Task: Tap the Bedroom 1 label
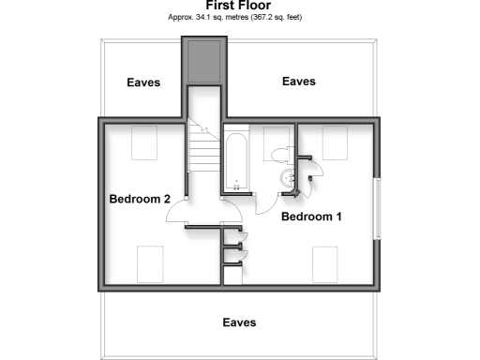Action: point(311,217)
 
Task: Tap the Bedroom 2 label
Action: point(140,199)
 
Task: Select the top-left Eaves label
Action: point(143,82)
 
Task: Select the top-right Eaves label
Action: point(299,82)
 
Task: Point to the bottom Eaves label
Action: point(239,322)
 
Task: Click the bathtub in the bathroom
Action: point(235,162)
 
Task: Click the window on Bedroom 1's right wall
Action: point(378,207)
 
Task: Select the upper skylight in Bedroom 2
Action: point(143,143)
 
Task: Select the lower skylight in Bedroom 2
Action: point(150,262)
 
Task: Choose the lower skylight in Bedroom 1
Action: point(325,264)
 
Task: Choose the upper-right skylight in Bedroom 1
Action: point(337,142)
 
